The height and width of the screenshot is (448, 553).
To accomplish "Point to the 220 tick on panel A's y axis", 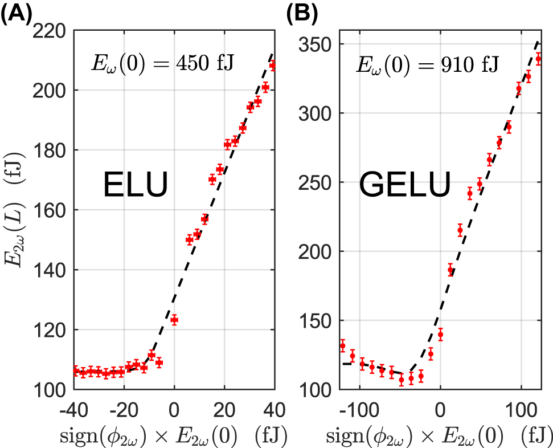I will tap(52, 31).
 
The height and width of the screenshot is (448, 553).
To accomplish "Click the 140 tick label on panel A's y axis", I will tap(52, 270).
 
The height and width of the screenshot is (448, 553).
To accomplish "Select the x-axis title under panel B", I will tap(439, 435).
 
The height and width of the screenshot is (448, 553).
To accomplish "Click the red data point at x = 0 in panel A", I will tap(174, 320).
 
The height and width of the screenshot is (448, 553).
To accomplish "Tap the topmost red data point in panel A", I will tap(273, 66).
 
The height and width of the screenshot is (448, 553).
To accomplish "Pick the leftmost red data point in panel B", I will tap(342, 345).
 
